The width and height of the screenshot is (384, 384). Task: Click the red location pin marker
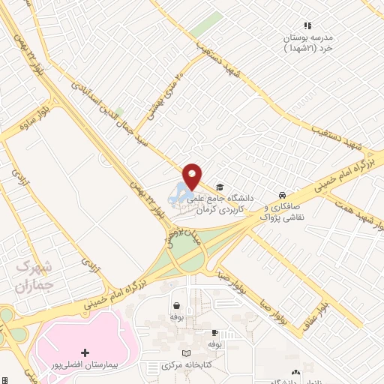pyautogui.click(x=193, y=175)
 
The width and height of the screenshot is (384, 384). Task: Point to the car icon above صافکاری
pyautogui.click(x=281, y=193)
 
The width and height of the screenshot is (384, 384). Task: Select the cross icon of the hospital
pyautogui.click(x=85, y=352)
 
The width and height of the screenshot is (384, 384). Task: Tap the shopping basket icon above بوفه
pyautogui.click(x=177, y=305)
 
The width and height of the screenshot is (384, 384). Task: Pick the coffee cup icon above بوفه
pyautogui.click(x=214, y=331)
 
